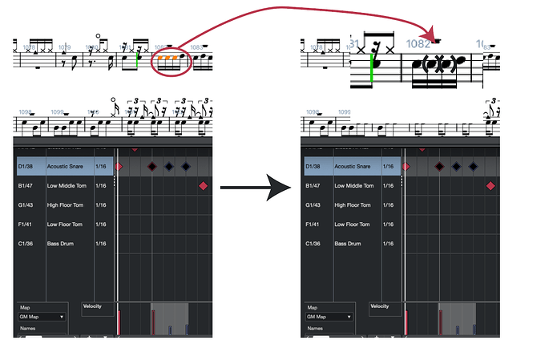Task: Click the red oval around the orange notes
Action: click(x=172, y=73)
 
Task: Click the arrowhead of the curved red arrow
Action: click(x=434, y=35)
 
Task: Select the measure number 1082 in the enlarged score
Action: click(x=418, y=44)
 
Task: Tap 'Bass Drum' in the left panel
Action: click(x=60, y=244)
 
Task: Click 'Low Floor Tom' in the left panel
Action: click(x=65, y=224)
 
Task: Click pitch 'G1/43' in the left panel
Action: click(x=25, y=205)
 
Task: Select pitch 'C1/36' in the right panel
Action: click(x=313, y=244)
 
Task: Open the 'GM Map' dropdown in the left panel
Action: click(x=42, y=317)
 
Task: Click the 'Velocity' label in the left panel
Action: click(x=92, y=306)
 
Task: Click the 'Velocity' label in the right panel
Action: click(x=380, y=306)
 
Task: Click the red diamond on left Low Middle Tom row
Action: click(x=203, y=186)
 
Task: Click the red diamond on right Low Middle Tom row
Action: click(x=490, y=186)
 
